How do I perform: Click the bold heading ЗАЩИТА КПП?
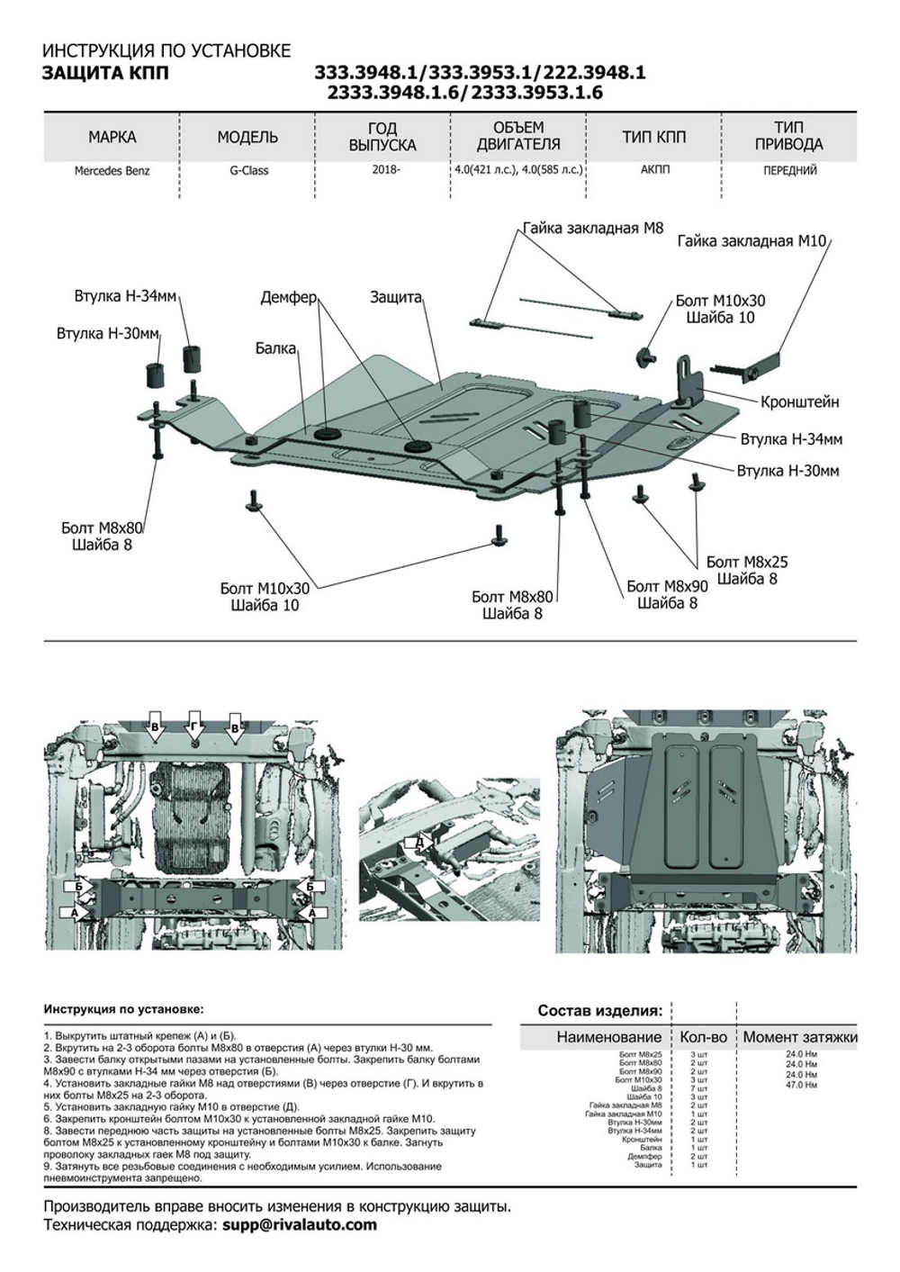point(105,73)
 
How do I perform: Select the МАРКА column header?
point(112,138)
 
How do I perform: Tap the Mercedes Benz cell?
point(112,170)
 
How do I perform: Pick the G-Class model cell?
point(247,170)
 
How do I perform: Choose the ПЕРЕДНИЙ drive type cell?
point(788,170)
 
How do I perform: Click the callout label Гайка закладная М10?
point(754,241)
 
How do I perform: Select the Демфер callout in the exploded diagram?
point(289,296)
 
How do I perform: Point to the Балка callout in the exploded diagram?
point(275,347)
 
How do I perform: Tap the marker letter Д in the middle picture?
point(418,842)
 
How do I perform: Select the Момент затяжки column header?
point(799,1037)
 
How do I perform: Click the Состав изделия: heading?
point(599,1010)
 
